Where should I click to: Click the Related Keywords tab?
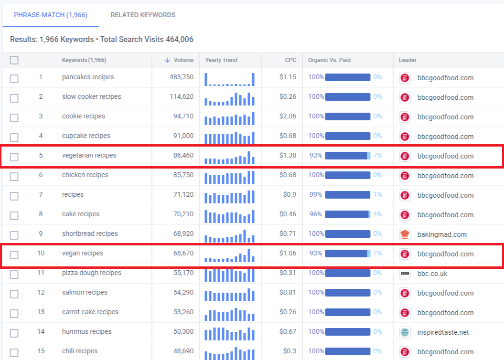tap(143, 15)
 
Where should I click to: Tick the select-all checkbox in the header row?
tap(14, 60)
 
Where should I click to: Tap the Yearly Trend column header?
tap(221, 60)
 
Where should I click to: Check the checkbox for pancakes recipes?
tap(14, 78)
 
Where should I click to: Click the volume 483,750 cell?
tap(182, 77)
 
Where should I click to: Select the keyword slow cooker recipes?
tap(92, 96)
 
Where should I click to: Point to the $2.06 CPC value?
tap(288, 116)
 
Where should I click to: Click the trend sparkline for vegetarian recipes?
tap(229, 158)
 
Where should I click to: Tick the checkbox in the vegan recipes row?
tap(14, 254)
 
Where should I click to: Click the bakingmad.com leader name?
tap(442, 234)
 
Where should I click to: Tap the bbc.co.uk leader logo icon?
tap(405, 274)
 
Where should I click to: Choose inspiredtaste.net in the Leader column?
tap(443, 332)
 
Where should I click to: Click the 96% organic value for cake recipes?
tap(316, 214)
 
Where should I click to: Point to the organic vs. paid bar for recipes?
tap(348, 195)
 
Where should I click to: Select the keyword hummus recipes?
tap(87, 331)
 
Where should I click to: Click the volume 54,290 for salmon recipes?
tap(183, 293)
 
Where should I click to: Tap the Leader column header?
tap(407, 60)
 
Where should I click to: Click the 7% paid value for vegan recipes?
tap(377, 254)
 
